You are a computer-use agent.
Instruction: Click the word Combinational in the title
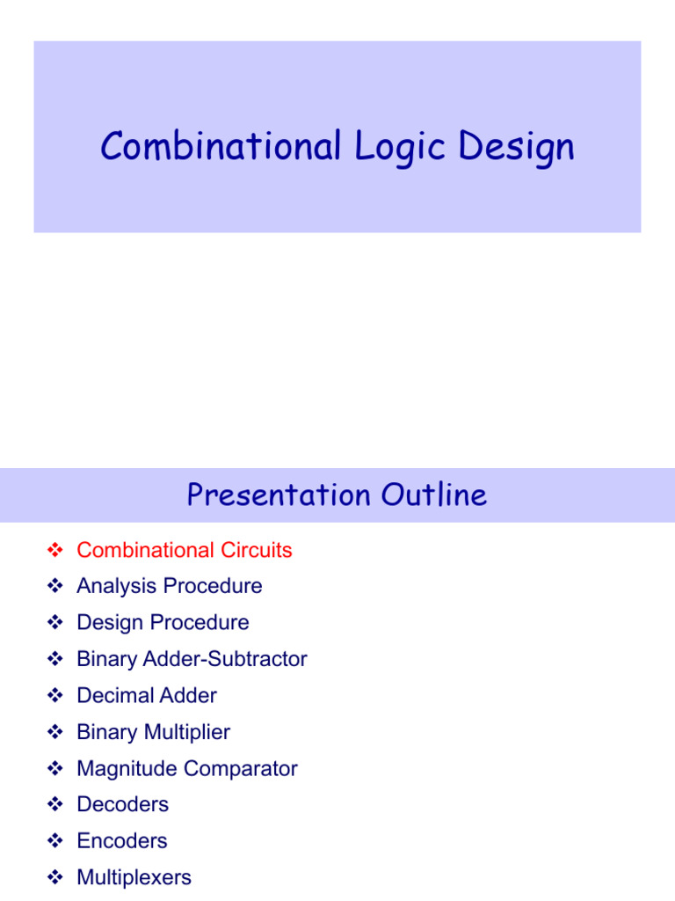tap(221, 146)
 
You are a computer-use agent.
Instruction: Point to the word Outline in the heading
tap(433, 495)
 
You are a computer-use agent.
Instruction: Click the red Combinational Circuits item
tap(185, 550)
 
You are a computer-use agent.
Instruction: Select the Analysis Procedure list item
tap(170, 586)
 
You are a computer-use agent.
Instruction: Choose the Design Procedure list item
tap(163, 623)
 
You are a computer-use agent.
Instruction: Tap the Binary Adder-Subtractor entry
tap(192, 659)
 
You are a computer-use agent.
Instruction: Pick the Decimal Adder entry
tap(147, 695)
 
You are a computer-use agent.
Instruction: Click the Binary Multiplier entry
tap(154, 732)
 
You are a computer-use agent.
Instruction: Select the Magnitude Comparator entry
tap(187, 768)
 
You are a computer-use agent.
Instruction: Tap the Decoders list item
tap(122, 804)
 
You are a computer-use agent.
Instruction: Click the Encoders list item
tap(121, 841)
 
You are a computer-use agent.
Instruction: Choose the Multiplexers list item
tap(134, 877)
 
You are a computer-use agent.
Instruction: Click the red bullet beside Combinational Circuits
tap(54, 551)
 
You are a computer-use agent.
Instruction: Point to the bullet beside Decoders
tap(54, 805)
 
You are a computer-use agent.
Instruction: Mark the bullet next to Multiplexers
tap(54, 878)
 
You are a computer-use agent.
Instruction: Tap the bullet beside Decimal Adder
tap(54, 696)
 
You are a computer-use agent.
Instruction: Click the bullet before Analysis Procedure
tap(54, 587)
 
